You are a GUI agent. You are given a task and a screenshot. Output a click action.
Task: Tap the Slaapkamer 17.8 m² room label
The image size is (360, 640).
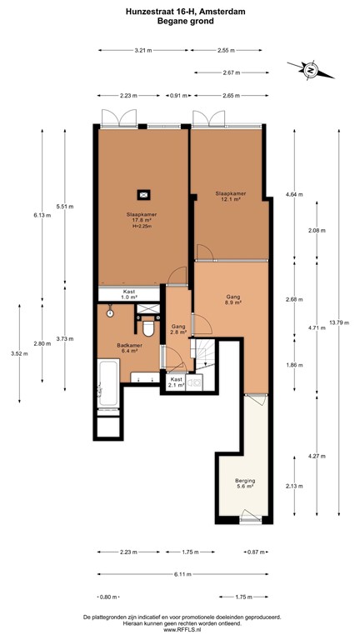coord(142,217)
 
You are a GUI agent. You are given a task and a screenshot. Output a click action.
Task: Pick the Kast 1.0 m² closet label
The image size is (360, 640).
coord(129,294)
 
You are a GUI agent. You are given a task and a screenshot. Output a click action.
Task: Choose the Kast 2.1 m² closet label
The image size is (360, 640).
coord(176,382)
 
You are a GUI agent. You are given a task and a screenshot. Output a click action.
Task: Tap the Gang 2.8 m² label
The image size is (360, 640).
coord(177,329)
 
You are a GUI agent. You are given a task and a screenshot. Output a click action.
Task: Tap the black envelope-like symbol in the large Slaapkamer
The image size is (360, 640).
coord(144,195)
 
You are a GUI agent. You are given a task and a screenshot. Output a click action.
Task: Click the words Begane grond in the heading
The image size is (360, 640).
coord(180,22)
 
